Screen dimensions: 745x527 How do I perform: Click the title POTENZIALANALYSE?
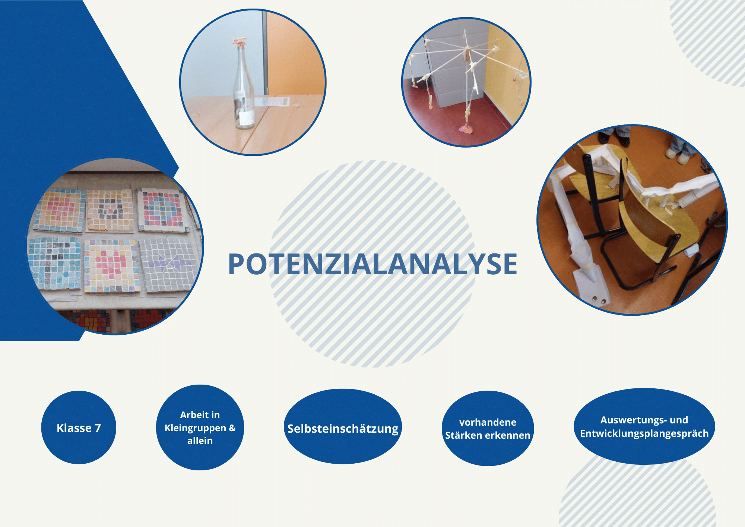(x=372, y=264)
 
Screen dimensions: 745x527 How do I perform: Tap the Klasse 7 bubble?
(x=79, y=427)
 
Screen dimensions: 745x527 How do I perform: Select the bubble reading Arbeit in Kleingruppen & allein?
(x=200, y=427)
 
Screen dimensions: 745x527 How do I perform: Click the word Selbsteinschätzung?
(x=343, y=429)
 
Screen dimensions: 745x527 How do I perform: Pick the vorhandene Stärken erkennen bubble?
(x=488, y=428)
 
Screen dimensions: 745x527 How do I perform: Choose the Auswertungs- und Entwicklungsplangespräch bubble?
(x=644, y=426)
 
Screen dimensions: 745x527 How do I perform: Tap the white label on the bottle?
(x=247, y=118)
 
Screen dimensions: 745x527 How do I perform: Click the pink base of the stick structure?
(x=466, y=129)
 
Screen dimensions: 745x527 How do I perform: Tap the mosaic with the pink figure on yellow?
(x=112, y=266)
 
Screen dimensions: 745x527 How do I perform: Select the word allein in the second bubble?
(x=200, y=441)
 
